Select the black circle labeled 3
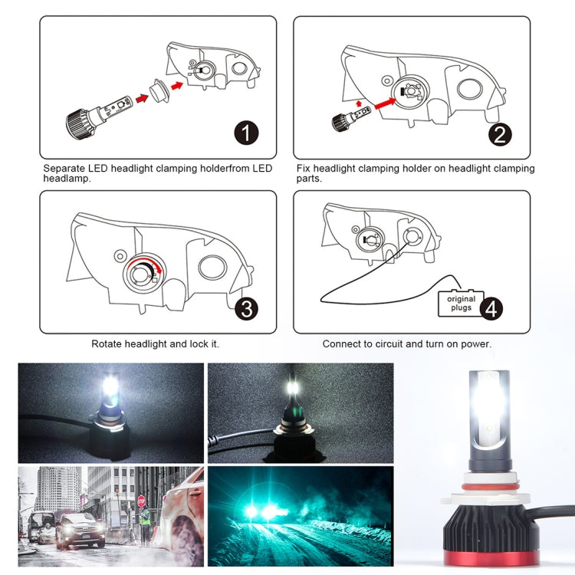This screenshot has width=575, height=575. coord(246,308)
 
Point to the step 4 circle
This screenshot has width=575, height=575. coord(491,308)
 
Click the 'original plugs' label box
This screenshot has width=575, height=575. coord(461,304)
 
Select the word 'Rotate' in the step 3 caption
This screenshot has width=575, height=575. coord(107,344)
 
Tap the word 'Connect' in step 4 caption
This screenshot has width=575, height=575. coord(342,344)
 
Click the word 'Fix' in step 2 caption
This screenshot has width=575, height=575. coord(304,168)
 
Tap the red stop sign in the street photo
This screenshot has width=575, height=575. coord(140,501)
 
